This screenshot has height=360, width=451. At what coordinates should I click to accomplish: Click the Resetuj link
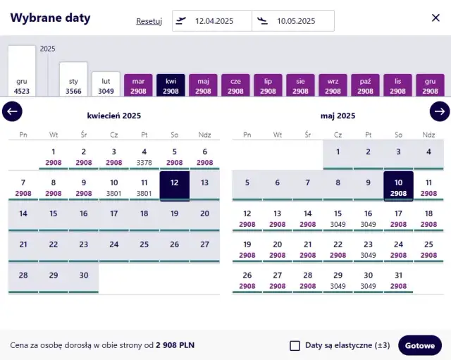149,21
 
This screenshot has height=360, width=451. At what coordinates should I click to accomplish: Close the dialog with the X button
435,18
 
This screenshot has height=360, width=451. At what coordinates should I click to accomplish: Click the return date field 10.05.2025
294,21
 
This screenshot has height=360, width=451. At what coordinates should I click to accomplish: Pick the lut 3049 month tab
106,85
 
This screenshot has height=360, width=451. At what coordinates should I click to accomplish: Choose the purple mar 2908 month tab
138,85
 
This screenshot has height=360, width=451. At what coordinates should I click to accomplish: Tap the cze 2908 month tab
235,85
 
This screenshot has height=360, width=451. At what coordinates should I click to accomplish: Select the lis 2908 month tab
397,85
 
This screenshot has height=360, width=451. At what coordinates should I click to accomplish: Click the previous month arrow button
13,111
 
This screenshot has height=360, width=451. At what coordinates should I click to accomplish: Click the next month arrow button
440,111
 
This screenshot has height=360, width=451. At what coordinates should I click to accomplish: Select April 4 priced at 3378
144,156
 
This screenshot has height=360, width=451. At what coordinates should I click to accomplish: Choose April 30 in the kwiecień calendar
83,279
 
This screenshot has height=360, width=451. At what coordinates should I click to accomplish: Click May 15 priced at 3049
338,218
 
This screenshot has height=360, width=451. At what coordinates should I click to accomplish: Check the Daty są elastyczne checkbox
295,345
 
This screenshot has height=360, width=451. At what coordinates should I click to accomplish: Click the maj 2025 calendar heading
338,116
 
